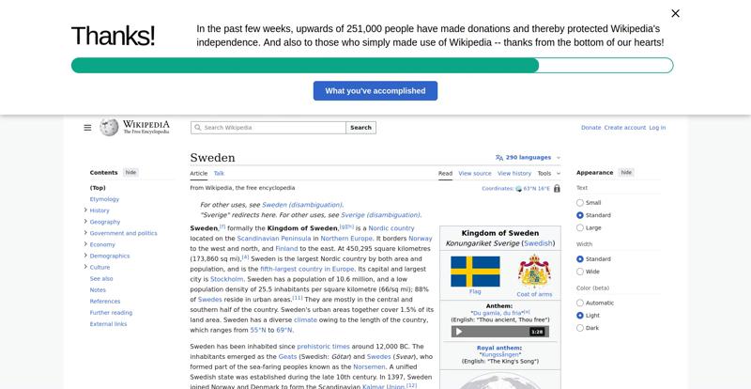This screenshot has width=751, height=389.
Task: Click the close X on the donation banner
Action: click(x=675, y=13)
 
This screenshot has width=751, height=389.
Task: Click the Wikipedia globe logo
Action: click(x=109, y=128)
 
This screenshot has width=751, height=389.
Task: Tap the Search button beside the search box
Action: click(x=360, y=128)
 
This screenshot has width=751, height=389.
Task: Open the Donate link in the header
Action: click(x=590, y=128)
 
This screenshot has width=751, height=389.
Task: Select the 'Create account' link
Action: click(x=624, y=128)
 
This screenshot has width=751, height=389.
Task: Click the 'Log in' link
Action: click(x=657, y=128)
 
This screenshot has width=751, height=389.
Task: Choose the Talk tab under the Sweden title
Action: click(x=219, y=173)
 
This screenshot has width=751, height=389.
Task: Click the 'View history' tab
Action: click(x=514, y=173)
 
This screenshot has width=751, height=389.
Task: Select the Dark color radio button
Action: click(x=580, y=328)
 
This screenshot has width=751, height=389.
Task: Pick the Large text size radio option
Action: click(x=580, y=227)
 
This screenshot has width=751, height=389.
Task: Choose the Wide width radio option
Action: click(x=580, y=272)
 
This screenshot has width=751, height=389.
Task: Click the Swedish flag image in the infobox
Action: click(x=475, y=272)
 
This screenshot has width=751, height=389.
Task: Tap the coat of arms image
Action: click(x=534, y=272)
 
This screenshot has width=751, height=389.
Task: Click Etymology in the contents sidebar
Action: click(x=104, y=199)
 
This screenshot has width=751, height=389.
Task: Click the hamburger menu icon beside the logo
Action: click(x=87, y=128)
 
